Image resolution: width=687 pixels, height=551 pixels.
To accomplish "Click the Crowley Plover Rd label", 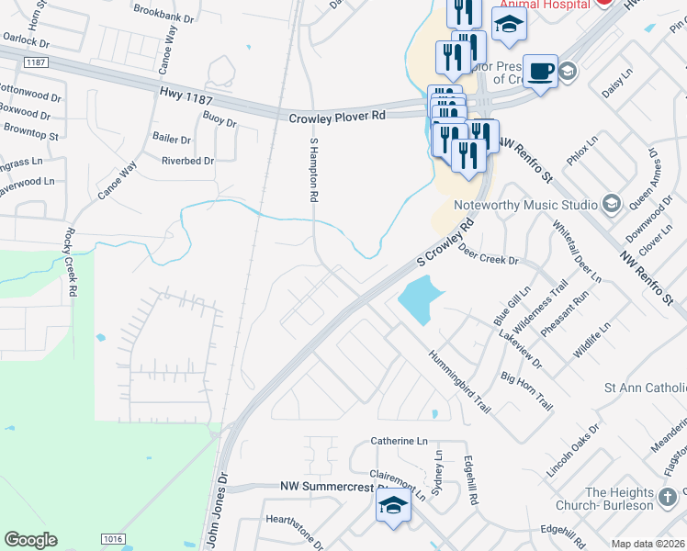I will tap(337, 117).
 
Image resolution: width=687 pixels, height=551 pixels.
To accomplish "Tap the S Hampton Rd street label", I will tap(313, 170).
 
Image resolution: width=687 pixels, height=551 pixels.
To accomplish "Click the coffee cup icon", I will tap(541, 71).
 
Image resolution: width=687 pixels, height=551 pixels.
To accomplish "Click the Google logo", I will tap(31, 540).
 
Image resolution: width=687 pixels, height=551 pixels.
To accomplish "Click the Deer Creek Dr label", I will tap(488, 255).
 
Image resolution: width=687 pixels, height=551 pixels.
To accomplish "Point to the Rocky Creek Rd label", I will tap(70, 263).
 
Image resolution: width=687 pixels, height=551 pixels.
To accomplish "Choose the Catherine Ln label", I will tap(400, 441).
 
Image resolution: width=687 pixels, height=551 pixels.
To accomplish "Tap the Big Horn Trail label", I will tap(526, 390).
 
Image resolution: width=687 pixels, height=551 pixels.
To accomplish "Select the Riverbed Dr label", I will tap(187, 161).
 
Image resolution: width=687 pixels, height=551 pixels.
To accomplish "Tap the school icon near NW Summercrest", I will tap(393, 506).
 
